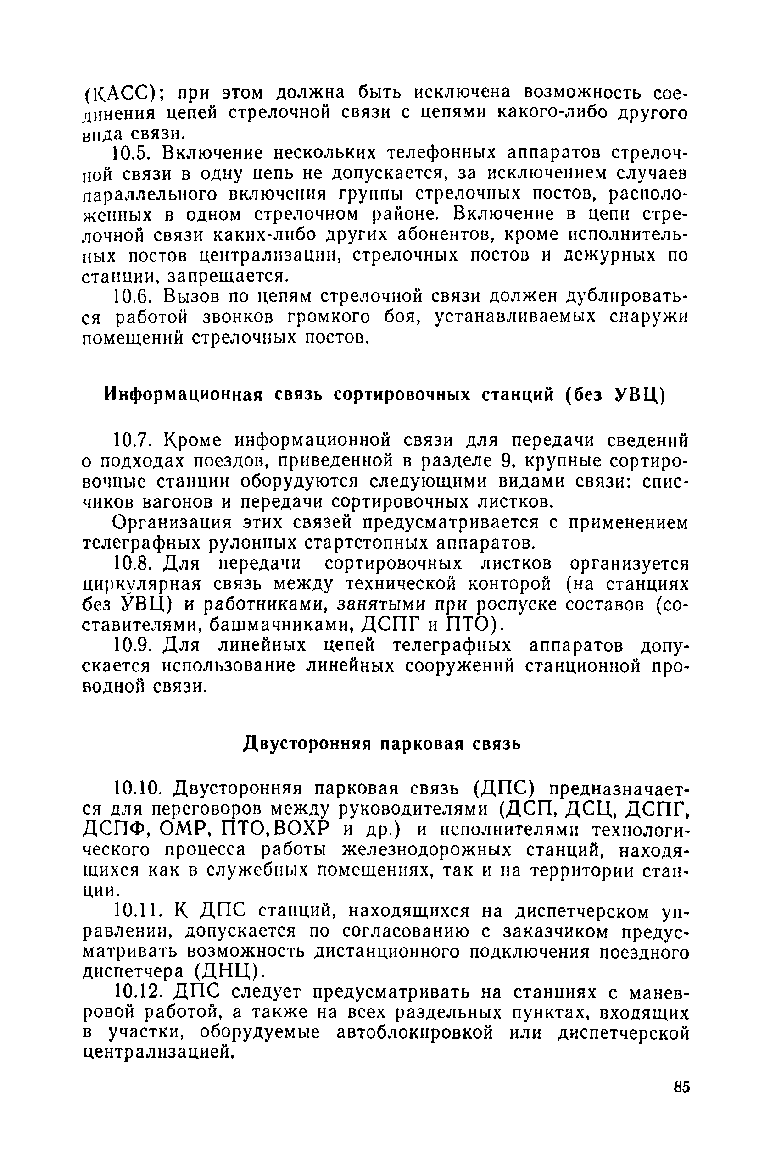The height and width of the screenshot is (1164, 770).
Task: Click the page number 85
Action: point(682,1086)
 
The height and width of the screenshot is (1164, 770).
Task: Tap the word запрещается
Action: point(225,276)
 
